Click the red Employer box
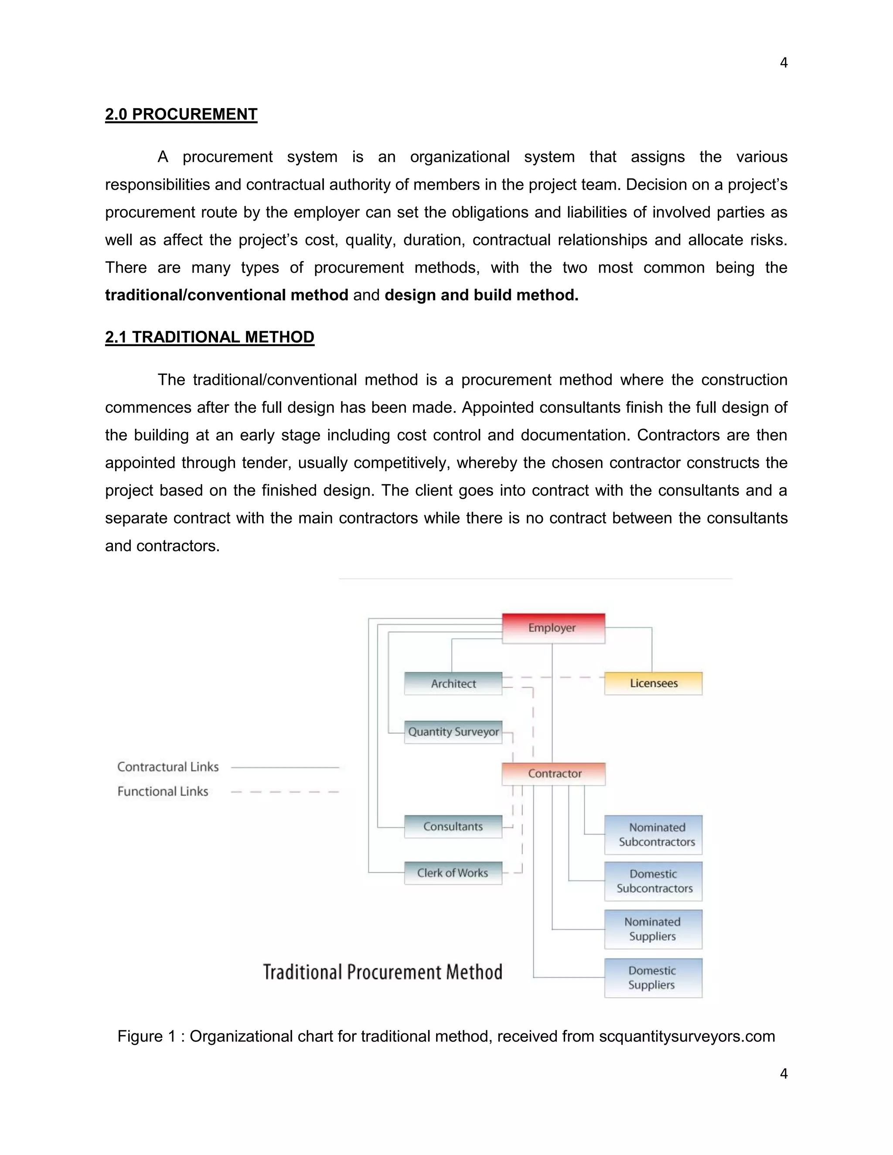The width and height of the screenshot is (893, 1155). (553, 628)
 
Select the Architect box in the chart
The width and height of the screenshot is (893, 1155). (453, 684)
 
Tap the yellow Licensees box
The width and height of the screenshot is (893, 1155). (653, 683)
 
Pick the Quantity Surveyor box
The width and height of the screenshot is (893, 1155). (453, 732)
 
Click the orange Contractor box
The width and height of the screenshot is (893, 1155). (553, 774)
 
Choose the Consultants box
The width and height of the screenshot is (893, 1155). (453, 826)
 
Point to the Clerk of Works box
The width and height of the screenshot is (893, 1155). (453, 873)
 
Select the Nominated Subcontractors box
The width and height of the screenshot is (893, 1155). (653, 835)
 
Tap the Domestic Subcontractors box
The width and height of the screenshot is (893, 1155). (653, 881)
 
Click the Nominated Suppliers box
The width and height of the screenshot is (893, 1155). (653, 929)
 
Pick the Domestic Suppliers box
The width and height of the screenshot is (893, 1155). (653, 978)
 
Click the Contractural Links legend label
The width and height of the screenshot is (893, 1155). (168, 767)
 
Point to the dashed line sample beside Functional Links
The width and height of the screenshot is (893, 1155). (285, 792)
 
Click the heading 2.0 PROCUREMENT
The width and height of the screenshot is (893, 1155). (181, 114)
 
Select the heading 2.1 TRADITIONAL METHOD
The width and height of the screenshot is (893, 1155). (209, 337)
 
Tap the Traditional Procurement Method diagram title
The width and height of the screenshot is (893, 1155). (382, 972)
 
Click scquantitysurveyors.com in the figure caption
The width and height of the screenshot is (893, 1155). (687, 1036)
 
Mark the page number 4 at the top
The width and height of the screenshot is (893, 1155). (784, 63)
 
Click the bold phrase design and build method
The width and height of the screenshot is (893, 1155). (481, 295)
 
